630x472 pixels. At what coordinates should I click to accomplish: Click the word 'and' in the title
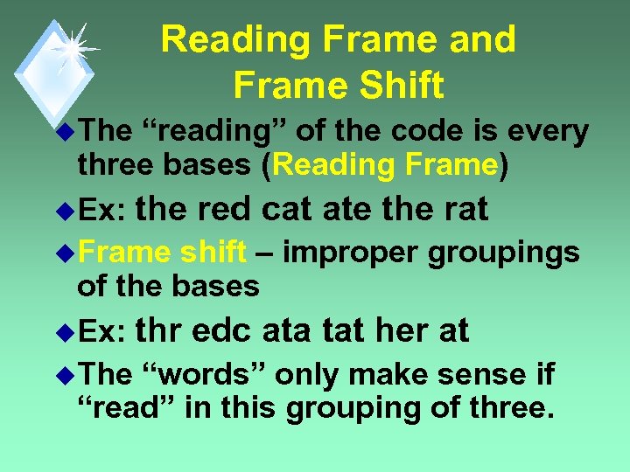point(484,39)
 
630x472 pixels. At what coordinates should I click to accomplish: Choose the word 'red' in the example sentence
point(227,209)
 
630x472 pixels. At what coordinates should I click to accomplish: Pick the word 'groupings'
point(504,253)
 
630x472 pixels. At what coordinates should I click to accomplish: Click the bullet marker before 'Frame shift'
point(65,254)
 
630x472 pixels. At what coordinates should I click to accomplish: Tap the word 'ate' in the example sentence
point(348,209)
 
